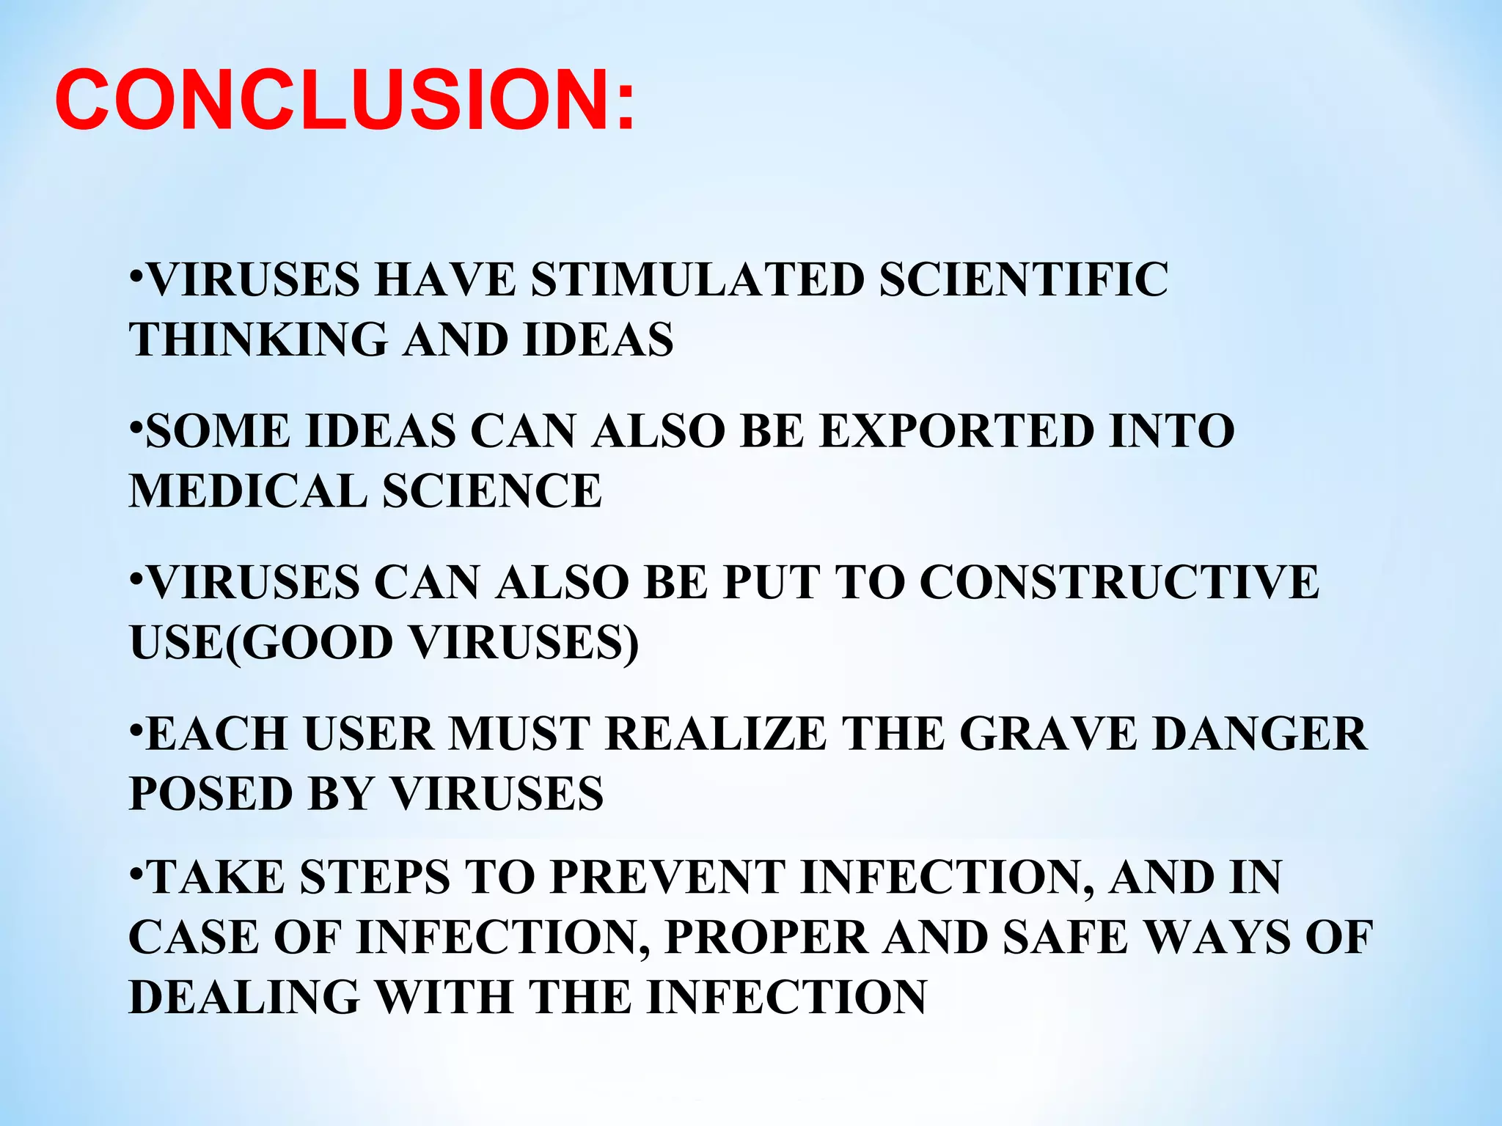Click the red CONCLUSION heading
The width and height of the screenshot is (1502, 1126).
pyautogui.click(x=345, y=100)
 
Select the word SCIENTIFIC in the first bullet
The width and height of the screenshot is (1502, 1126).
pyautogui.click(x=1024, y=280)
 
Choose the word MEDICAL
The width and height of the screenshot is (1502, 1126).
pyautogui.click(x=248, y=491)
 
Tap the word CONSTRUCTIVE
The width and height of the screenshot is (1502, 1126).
pyautogui.click(x=1119, y=583)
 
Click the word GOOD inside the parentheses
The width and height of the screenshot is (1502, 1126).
pyautogui.click(x=318, y=643)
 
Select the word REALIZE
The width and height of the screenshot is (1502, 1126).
pyautogui.click(x=716, y=734)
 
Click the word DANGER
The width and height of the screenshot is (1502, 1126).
pyautogui.click(x=1260, y=734)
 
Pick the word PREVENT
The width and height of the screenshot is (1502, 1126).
pyautogui.click(x=667, y=877)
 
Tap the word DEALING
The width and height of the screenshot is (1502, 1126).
pyautogui.click(x=244, y=998)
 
